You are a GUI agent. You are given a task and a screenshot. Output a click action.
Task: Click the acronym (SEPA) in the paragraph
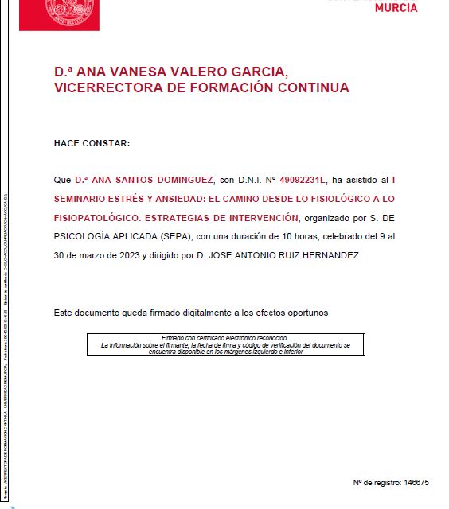(170, 235)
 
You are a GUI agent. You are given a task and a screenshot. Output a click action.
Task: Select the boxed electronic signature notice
(225, 344)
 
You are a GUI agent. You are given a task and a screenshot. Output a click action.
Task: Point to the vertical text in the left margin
(6, 342)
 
